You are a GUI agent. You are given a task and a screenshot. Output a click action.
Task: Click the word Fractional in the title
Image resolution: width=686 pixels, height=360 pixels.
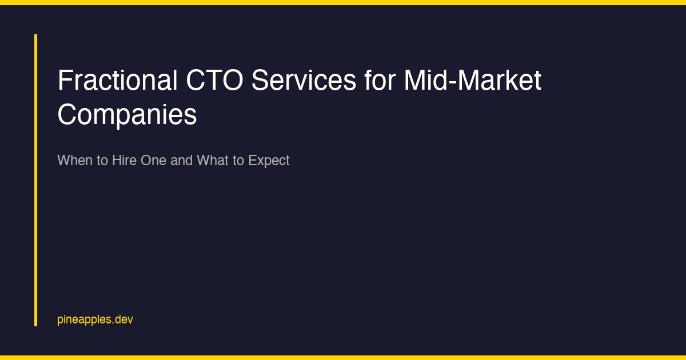(117, 81)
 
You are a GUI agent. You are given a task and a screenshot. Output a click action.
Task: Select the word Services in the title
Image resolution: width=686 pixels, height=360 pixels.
(304, 81)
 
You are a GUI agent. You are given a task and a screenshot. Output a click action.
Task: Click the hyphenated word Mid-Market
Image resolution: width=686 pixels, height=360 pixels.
(473, 81)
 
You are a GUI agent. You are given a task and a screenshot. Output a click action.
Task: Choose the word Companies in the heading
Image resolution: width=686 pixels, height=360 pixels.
(127, 115)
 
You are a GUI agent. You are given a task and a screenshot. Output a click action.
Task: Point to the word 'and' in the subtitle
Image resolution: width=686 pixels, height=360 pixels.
(182, 161)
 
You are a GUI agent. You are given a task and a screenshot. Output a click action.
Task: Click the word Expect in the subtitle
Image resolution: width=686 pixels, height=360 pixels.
(269, 161)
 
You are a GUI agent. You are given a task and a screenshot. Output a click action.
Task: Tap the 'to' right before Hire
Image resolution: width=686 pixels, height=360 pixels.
(102, 161)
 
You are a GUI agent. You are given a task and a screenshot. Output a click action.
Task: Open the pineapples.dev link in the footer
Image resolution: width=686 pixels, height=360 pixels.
(95, 319)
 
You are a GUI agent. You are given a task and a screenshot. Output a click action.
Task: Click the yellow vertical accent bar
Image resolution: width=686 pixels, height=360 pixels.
(35, 180)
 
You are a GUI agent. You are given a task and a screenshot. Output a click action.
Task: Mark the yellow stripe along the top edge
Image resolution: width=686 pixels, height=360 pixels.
(343, 2)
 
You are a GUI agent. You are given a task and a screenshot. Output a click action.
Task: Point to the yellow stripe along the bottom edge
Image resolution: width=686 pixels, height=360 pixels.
(343, 358)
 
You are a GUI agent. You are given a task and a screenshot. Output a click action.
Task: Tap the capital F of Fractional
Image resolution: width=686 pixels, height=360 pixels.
(63, 81)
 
